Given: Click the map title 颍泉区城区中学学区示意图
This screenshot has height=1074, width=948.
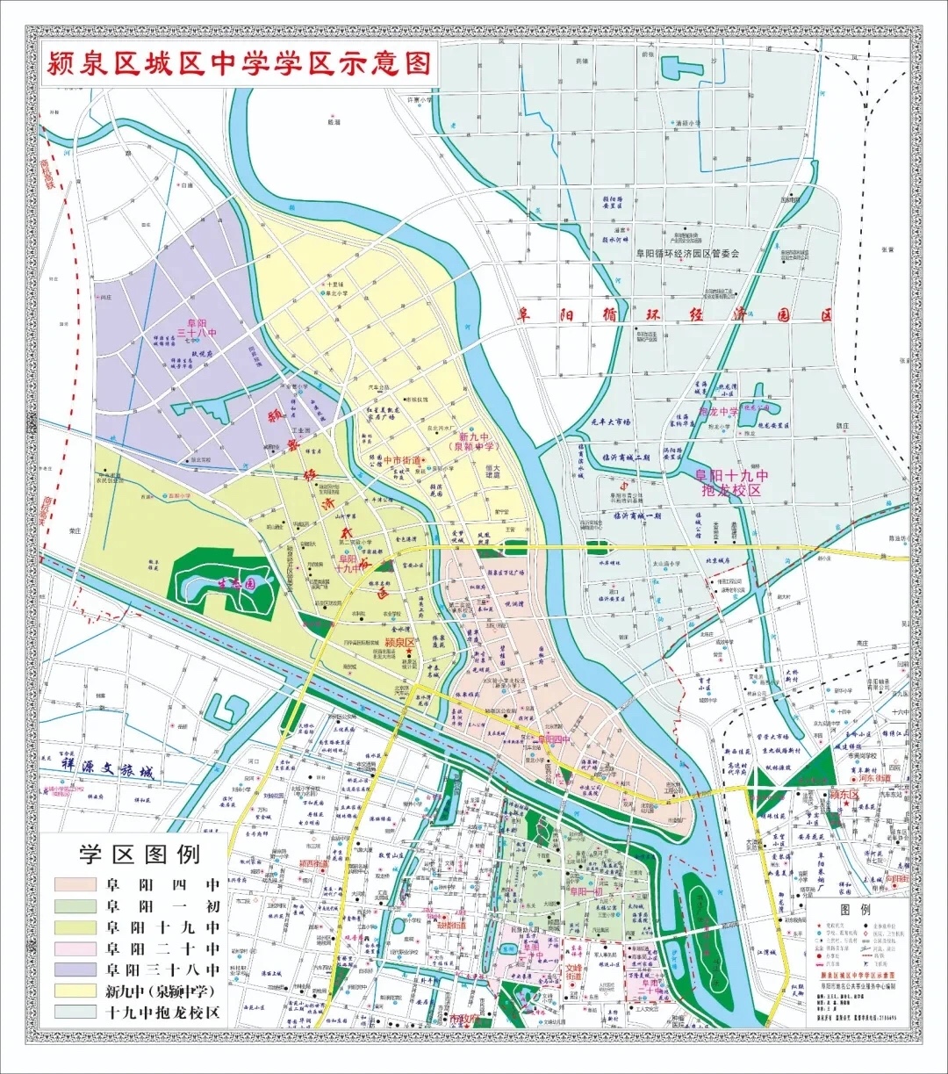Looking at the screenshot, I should tap(239, 63).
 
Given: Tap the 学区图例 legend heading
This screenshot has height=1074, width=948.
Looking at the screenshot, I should tap(140, 854).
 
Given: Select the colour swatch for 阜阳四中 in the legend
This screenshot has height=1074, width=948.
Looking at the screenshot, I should tap(75, 885).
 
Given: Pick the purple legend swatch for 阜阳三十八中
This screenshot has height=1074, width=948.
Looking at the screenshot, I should tap(75, 970).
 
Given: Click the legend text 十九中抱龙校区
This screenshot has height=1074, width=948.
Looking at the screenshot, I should tap(162, 1013).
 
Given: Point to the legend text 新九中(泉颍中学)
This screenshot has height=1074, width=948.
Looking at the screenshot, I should tap(162, 991).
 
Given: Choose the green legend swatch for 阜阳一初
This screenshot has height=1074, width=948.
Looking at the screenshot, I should tap(75, 906).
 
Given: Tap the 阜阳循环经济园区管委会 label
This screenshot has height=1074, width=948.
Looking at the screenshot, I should tap(688, 253).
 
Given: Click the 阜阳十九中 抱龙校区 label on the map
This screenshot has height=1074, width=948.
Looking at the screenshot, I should tap(732, 482).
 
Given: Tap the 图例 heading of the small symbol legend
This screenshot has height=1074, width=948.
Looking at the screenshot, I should tap(855, 910).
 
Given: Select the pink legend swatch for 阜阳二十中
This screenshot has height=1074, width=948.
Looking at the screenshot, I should tap(75, 949).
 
